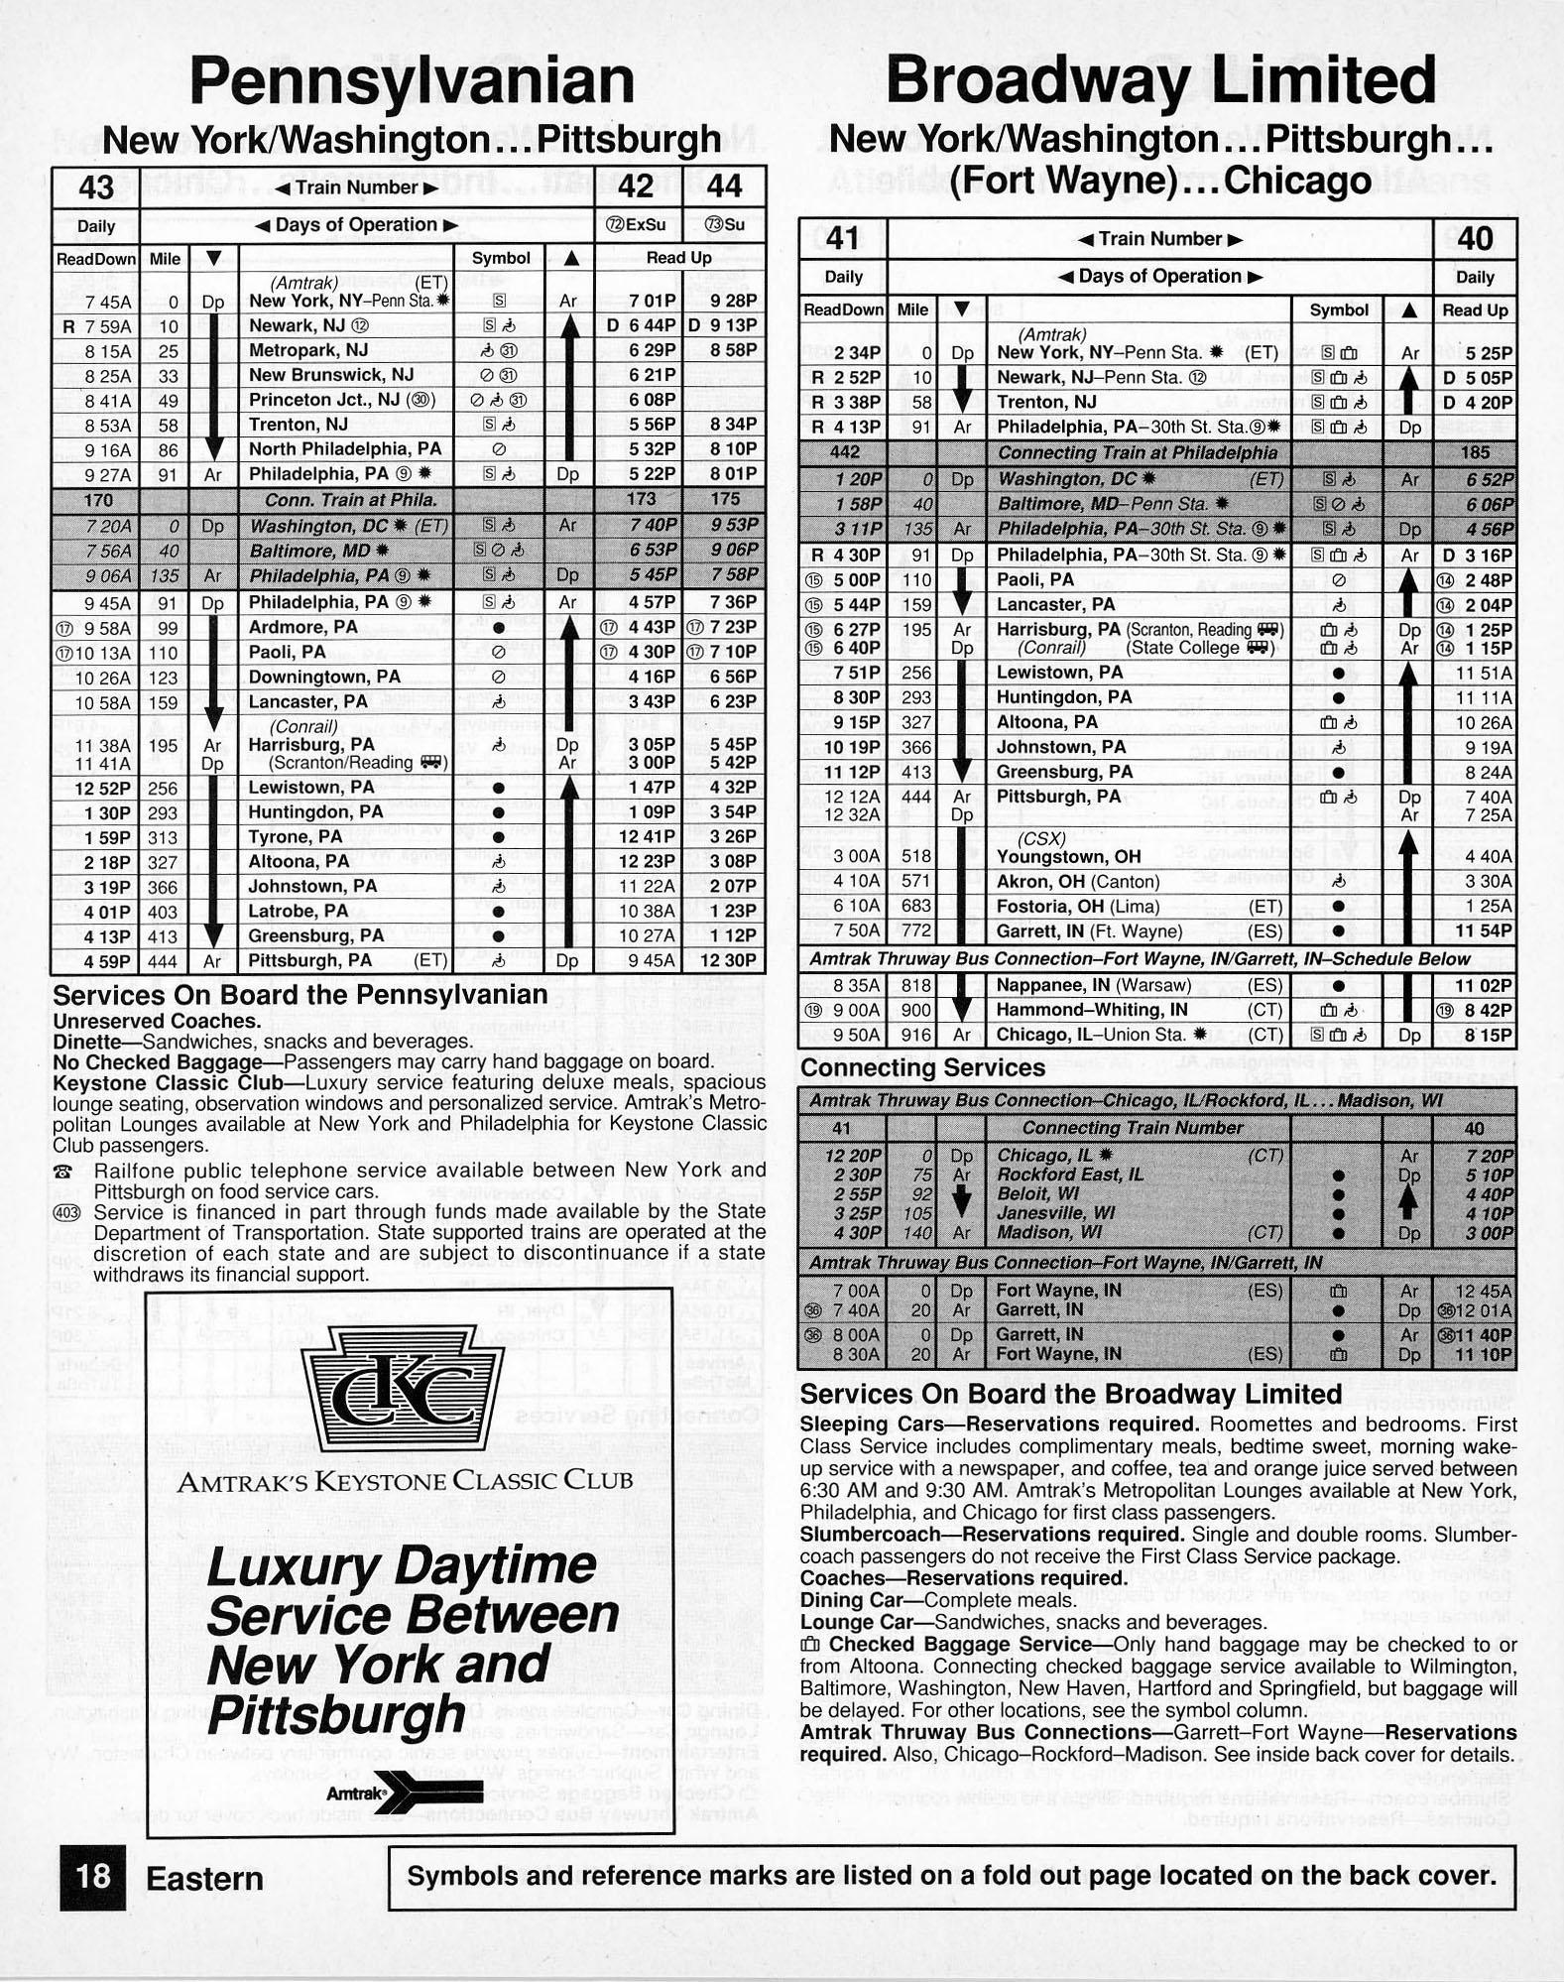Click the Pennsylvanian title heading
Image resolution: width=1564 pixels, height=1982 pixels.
click(412, 81)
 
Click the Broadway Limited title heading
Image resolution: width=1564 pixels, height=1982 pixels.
click(1160, 81)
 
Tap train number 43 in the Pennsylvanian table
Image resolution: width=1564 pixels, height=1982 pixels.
click(96, 187)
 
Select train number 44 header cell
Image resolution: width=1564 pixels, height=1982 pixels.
click(724, 187)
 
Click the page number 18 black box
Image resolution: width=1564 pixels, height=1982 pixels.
click(93, 1877)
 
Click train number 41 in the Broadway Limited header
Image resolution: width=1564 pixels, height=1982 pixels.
click(842, 238)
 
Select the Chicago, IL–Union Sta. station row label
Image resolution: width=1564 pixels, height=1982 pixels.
click(1101, 1036)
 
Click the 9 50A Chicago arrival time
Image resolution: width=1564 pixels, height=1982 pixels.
click(849, 1036)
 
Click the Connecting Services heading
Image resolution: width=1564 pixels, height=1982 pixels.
click(922, 1068)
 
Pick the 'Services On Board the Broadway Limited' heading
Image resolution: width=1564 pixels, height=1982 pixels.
click(1070, 1394)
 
